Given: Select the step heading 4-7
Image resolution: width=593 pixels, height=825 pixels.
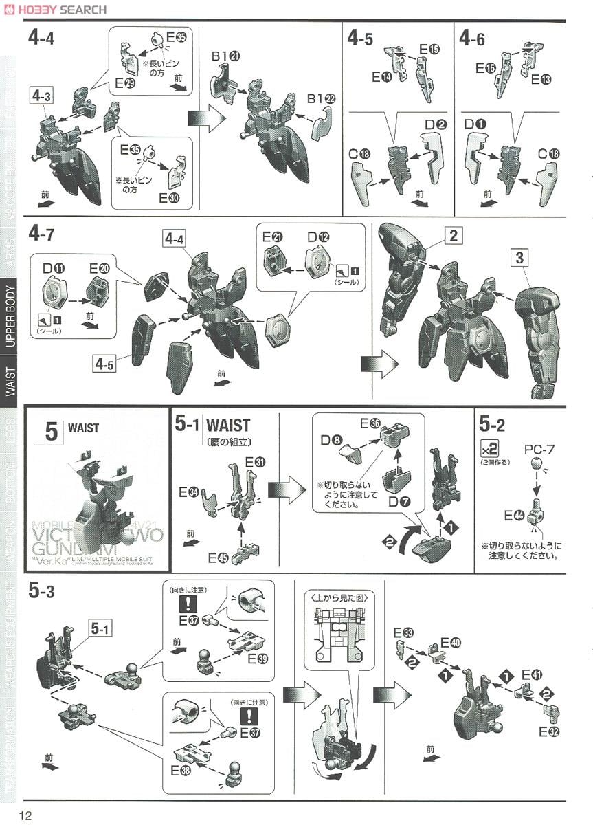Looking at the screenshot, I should [x=42, y=234].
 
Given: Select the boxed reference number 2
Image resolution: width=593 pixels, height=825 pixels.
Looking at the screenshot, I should [x=452, y=236].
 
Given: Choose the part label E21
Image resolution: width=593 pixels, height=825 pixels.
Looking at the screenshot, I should [x=272, y=237].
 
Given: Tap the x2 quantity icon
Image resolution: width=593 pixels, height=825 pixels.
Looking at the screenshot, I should [x=490, y=450].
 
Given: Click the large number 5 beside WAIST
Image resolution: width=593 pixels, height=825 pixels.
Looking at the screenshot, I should [x=52, y=433].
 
